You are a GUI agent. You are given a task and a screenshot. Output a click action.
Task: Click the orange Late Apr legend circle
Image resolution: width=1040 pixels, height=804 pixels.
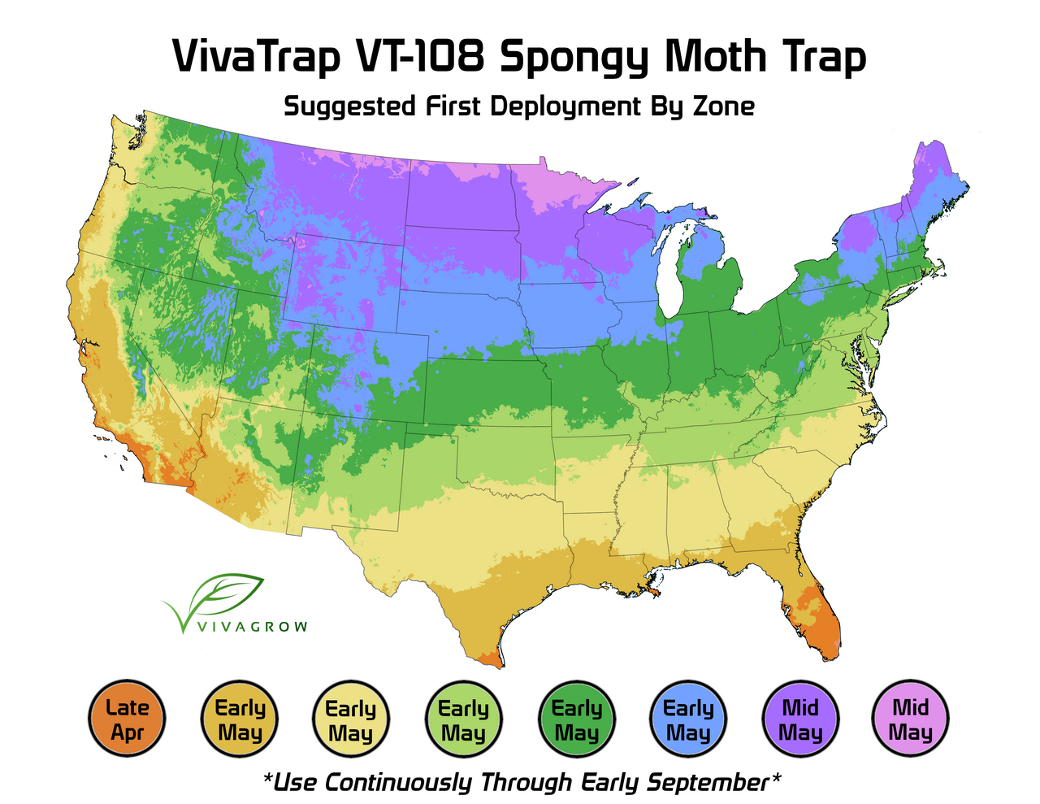click(127, 719)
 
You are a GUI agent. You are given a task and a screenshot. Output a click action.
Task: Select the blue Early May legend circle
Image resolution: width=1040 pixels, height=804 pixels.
click(688, 719)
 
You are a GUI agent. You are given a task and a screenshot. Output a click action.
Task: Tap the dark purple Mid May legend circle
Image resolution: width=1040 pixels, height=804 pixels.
click(800, 719)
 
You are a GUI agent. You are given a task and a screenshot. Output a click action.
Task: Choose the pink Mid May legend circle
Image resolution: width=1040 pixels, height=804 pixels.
click(910, 719)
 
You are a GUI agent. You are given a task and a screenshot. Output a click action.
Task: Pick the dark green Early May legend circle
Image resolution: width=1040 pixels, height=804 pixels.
click(576, 719)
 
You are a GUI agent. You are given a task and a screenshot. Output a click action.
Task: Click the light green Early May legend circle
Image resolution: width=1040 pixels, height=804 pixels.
click(463, 719)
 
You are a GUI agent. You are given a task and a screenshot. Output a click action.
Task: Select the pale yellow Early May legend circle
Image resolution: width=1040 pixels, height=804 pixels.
click(351, 719)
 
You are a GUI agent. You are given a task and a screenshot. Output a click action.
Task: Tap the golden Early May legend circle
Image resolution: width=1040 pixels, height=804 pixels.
click(240, 719)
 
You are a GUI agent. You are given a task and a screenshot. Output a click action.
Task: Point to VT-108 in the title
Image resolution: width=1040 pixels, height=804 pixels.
click(427, 57)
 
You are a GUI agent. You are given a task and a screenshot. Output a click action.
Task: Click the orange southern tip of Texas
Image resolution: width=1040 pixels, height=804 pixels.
click(487, 659)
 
